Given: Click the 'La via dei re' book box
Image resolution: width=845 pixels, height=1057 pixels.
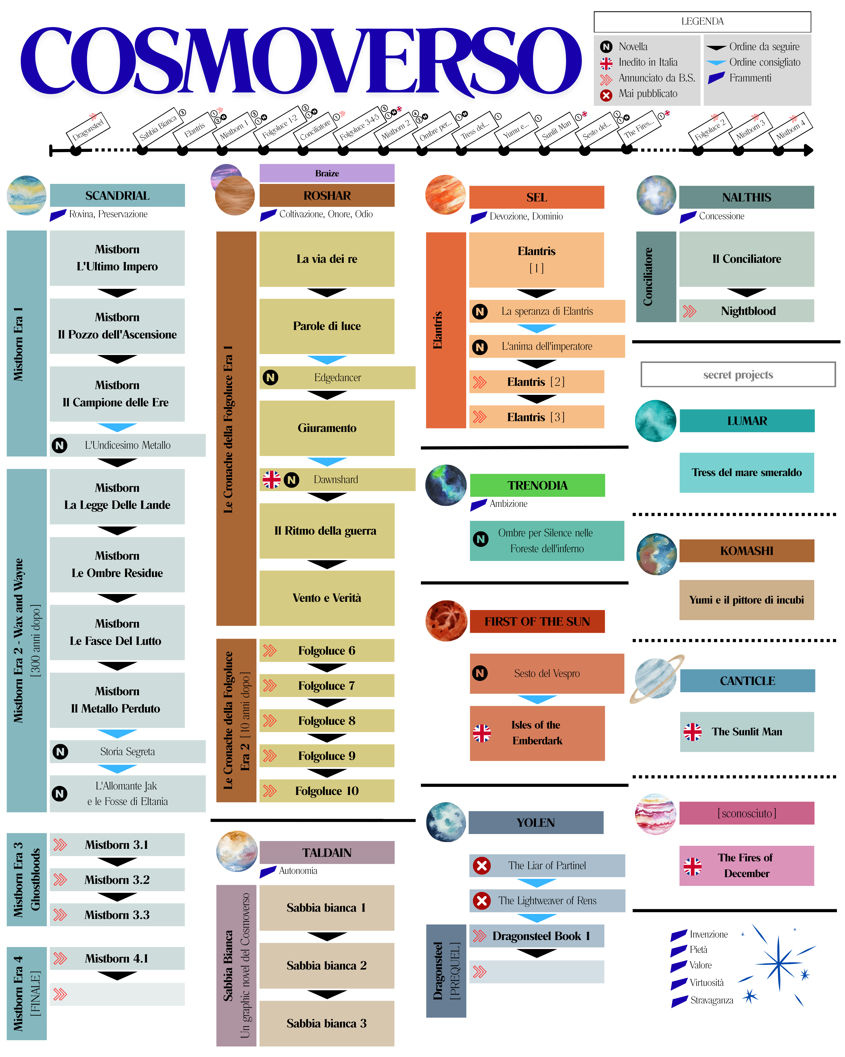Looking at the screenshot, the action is [x=327, y=259].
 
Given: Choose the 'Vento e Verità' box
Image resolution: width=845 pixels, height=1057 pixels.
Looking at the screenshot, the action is [x=327, y=598].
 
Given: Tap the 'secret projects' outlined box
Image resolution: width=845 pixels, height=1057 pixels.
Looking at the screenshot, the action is [x=738, y=375].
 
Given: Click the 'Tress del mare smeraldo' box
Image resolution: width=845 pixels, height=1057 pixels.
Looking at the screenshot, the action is [x=747, y=472].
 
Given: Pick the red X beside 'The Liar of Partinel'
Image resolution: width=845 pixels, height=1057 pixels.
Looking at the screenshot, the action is [x=481, y=865].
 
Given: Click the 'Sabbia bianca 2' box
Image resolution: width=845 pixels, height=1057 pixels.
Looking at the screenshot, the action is [x=327, y=965].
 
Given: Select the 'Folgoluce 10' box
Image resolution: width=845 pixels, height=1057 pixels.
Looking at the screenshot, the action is [x=327, y=791].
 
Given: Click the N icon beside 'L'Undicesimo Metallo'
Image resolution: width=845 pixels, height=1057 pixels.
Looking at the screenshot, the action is [x=60, y=445].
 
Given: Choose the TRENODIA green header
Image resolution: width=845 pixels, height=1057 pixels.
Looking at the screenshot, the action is [x=537, y=485].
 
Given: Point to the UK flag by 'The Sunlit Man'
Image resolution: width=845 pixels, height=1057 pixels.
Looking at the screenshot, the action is [x=692, y=732].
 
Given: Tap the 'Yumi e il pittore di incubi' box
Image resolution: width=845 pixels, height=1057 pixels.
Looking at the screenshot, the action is [x=747, y=600].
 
